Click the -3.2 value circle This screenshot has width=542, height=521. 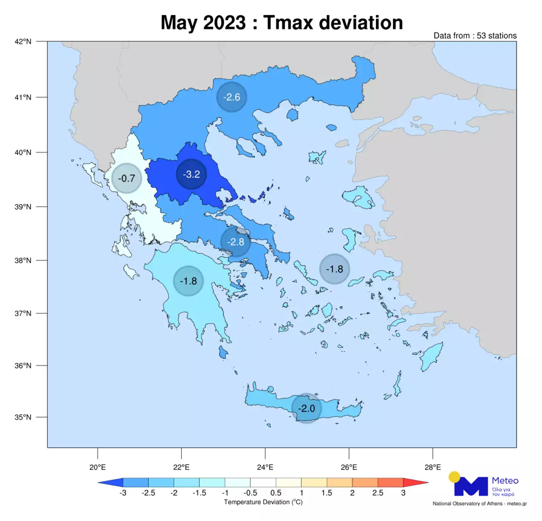(x=191, y=174)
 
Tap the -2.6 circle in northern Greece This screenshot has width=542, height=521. (x=232, y=97)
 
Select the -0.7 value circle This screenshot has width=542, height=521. (x=126, y=178)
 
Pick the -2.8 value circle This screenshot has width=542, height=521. (x=236, y=242)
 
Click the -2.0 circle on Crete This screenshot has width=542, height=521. (x=306, y=408)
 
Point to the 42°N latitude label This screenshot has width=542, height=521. (x=23, y=41)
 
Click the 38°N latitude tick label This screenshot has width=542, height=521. (x=23, y=260)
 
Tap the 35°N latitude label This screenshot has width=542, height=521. (x=23, y=417)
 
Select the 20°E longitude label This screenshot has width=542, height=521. (x=98, y=467)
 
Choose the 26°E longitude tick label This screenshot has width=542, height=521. (x=349, y=467)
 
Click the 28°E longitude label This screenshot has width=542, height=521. (x=432, y=467)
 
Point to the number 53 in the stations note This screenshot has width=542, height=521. (x=481, y=36)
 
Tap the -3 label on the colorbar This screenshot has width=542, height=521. (x=122, y=493)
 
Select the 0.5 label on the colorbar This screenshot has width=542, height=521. (x=276, y=493)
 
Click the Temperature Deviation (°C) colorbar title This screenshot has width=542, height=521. (x=263, y=502)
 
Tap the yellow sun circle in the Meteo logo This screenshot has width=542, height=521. (x=455, y=477)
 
